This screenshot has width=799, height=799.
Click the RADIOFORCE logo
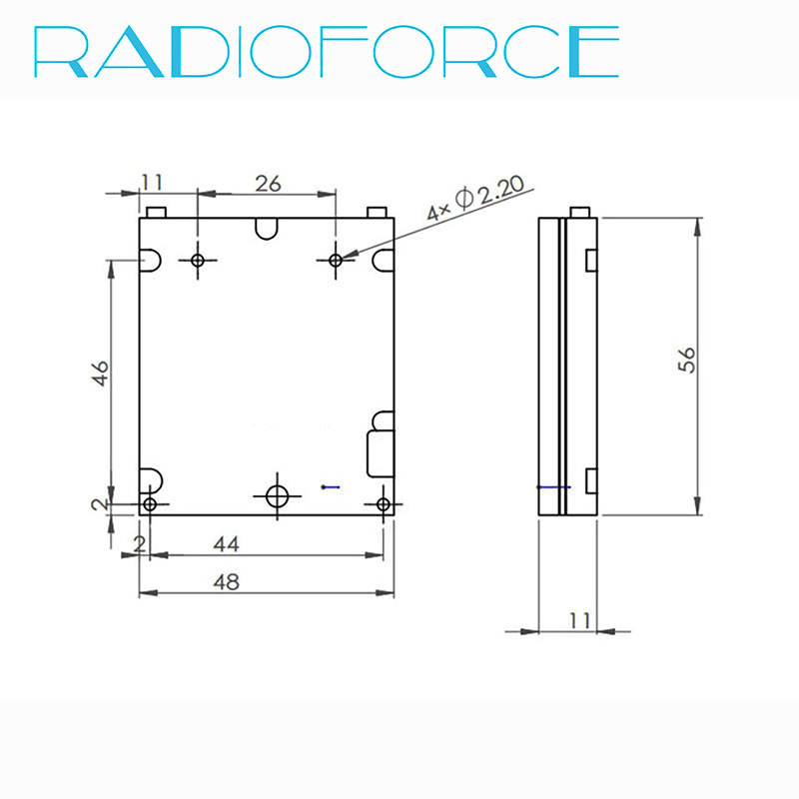[327, 52]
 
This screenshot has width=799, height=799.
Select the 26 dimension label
[268, 184]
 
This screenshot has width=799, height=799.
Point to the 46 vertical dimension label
[101, 373]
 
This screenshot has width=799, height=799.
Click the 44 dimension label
[227, 544]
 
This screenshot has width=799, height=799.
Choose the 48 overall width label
[227, 582]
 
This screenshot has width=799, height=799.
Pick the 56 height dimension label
[686, 360]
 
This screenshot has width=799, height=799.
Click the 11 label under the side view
[580, 620]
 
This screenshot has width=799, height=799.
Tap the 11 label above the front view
[152, 182]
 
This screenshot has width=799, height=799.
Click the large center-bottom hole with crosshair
[278, 496]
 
